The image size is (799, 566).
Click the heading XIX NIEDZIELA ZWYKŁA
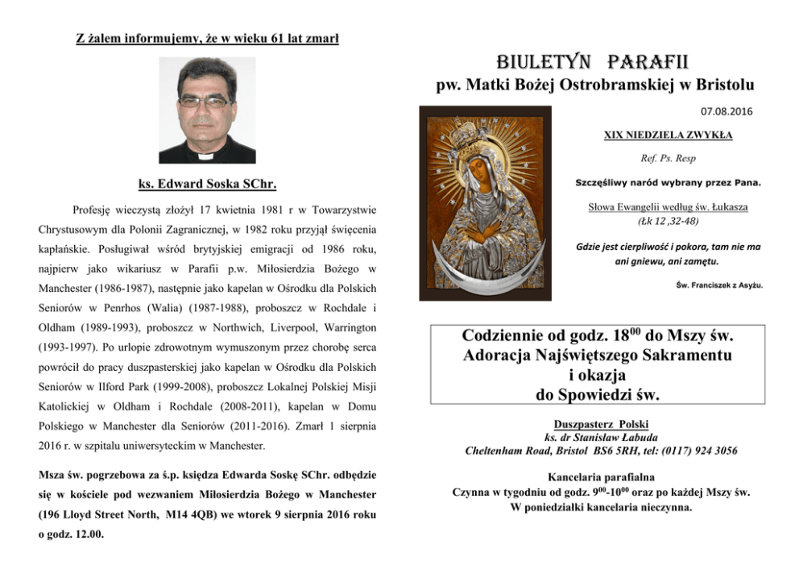(679, 135)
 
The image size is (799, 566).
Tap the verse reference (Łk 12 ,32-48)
(679, 219)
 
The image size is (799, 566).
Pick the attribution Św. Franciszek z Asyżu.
(719, 285)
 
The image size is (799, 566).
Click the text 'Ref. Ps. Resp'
(680, 158)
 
